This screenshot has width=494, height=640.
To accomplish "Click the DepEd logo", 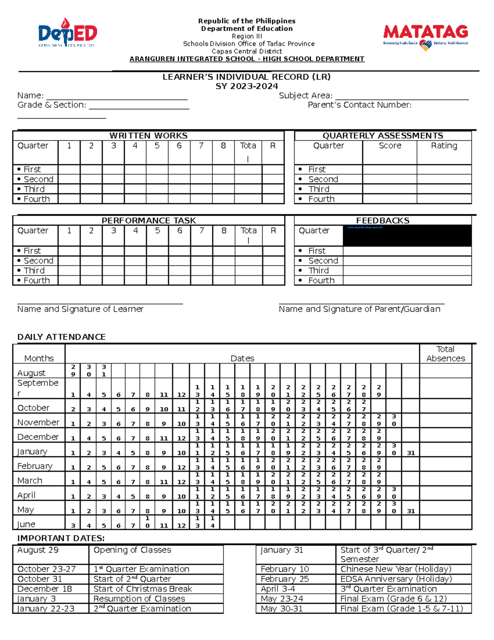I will pyautogui.click(x=67, y=33).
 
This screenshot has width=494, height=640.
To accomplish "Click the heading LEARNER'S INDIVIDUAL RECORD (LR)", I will pyautogui.click(x=247, y=77).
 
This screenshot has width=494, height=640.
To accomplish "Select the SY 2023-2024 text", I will pyautogui.click(x=247, y=86).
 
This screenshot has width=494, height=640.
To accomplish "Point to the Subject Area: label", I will pyautogui.click(x=305, y=96).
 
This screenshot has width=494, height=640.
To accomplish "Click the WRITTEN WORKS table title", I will pyautogui.click(x=148, y=136).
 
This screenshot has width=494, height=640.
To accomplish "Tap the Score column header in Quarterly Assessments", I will pyautogui.click(x=389, y=146).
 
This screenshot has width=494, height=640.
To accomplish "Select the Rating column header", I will pyautogui.click(x=444, y=146).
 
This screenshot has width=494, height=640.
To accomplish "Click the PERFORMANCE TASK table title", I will pyautogui.click(x=149, y=220).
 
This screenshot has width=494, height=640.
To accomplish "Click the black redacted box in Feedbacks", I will pyautogui.click(x=407, y=236).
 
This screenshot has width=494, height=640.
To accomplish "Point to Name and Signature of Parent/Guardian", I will pyautogui.click(x=359, y=309).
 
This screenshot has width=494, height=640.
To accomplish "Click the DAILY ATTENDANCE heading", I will pyautogui.click(x=61, y=337).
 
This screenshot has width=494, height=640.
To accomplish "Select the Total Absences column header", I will pyautogui.click(x=445, y=354).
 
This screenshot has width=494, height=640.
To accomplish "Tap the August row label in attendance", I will pyautogui.click(x=31, y=373).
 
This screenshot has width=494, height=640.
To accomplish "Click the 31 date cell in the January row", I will pyautogui.click(x=410, y=453).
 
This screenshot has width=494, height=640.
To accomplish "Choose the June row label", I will pyautogui.click(x=26, y=524).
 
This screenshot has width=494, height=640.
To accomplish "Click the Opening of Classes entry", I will pyautogui.click(x=132, y=550).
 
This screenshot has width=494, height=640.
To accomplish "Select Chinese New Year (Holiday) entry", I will pyautogui.click(x=396, y=569).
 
